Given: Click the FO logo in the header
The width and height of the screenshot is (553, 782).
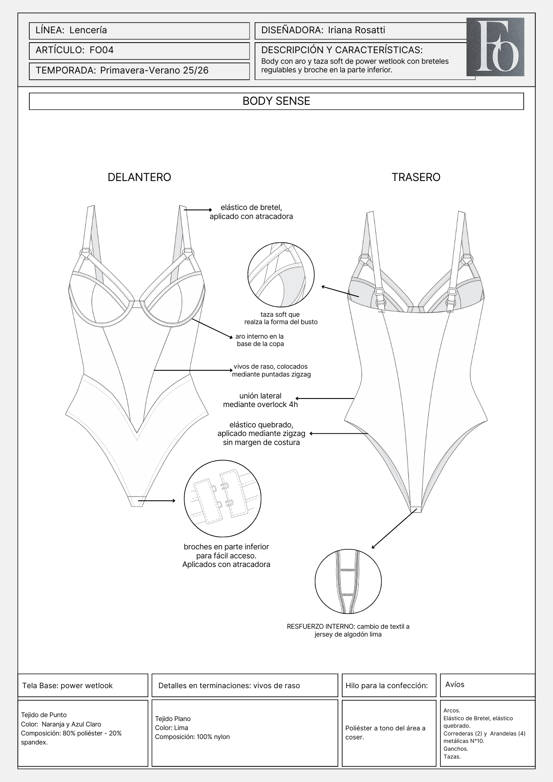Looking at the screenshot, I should [x=495, y=47].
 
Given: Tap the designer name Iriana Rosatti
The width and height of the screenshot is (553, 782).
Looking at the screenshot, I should [x=356, y=30].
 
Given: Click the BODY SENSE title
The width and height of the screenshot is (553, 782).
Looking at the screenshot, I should [x=276, y=101].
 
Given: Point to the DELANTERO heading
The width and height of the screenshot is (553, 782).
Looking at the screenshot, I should [x=139, y=177].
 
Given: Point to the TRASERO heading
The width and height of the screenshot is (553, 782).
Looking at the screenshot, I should [x=416, y=177].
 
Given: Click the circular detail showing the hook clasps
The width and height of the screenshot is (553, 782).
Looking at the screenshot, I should [x=223, y=499].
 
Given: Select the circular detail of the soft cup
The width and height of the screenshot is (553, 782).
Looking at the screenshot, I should [x=281, y=275].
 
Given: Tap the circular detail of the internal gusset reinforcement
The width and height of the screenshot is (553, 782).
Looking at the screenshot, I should [x=348, y=581].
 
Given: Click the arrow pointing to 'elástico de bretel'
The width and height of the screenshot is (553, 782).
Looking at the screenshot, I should [x=197, y=210].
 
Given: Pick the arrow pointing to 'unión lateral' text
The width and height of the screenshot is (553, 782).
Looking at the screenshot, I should [x=324, y=398].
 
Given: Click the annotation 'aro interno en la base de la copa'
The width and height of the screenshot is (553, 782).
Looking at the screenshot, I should [x=260, y=340].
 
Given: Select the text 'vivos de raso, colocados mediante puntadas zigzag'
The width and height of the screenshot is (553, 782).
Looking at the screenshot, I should [x=271, y=370].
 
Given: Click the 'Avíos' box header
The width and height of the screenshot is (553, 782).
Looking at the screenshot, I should [x=455, y=684].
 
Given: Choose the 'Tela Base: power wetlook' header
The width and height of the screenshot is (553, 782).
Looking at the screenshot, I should [x=67, y=685].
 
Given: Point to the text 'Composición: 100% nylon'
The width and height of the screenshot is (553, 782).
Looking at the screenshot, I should [x=192, y=737].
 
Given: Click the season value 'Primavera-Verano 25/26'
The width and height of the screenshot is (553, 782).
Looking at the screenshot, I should [x=154, y=70].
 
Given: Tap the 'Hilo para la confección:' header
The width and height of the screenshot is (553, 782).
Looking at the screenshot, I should [x=387, y=685].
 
